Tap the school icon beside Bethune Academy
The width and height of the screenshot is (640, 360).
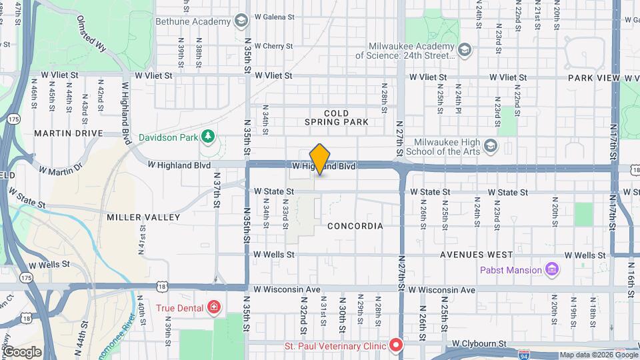coord(241,21)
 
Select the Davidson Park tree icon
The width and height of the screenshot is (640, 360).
coord(209,137)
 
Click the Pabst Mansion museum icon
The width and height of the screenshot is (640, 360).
coord(551,270)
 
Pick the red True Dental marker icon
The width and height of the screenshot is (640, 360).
coord(213,307)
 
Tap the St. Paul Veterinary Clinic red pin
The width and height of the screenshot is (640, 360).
coord(396,345)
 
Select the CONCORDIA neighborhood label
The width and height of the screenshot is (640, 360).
coord(355,226)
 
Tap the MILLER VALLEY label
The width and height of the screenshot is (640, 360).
coord(143,217)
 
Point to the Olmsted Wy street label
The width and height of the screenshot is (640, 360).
coord(92,32)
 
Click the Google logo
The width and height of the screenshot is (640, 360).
coord(22,351)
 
